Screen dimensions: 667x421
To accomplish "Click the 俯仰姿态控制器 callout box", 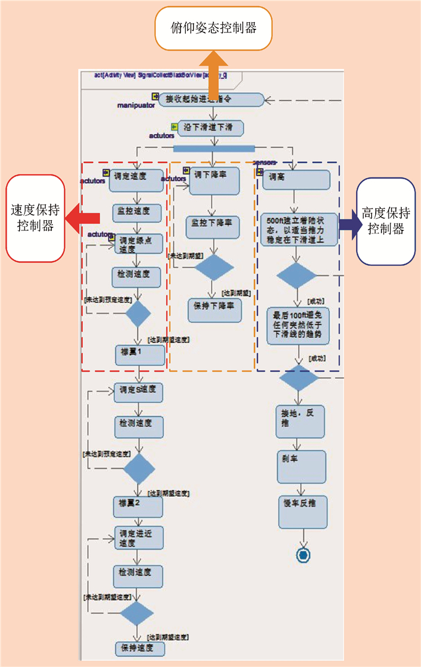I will click(x=214, y=28).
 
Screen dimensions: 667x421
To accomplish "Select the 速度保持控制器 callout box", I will click(x=35, y=218).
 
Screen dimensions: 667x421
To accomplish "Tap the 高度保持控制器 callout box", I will click(x=386, y=221).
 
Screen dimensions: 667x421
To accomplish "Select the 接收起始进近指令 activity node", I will click(x=211, y=99).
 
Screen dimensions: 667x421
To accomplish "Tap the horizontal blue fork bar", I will click(x=214, y=148).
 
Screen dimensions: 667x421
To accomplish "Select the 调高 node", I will click(x=295, y=179).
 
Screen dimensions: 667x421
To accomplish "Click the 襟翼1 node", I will click(x=140, y=355).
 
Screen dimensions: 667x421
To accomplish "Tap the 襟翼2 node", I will click(x=139, y=506).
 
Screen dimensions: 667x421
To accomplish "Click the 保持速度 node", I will click(x=140, y=648).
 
